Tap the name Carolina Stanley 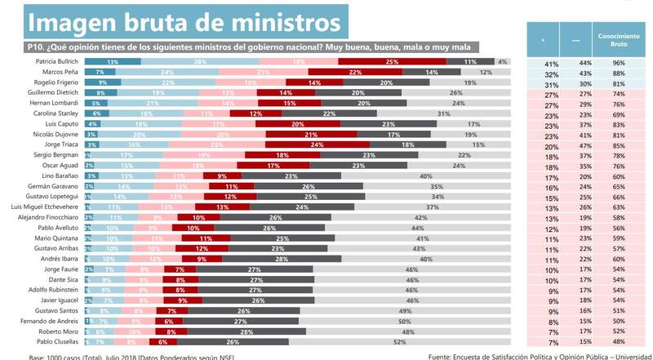coord(58,113)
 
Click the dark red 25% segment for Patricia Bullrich coord(393,62)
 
